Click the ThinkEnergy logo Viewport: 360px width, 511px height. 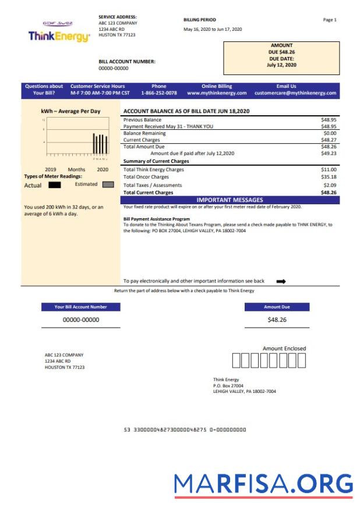pos(59,34)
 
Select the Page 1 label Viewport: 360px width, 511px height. pos(330,20)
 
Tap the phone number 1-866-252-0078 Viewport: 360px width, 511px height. pos(159,93)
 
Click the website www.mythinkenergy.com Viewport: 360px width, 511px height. pos(217,93)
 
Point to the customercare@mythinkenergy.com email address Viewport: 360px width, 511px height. pos(295,93)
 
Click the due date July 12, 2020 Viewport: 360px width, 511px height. pos(281,65)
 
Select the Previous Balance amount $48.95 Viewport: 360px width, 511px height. pos(329,119)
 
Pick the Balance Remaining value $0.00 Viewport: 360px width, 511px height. pos(330,133)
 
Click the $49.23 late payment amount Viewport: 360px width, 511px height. pos(329,154)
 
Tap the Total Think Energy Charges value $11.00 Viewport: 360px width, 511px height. pos(329,169)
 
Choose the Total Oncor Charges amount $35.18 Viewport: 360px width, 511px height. pos(329,177)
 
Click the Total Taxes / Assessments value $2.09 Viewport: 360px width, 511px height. pos(330,185)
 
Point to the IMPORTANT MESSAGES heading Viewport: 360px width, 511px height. pos(230,200)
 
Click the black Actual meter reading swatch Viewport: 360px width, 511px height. pos(55,185)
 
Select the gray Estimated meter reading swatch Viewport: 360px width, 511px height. pos(108,184)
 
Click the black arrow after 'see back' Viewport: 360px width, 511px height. pos(281,281)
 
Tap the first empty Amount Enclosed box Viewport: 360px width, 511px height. pos(237,361)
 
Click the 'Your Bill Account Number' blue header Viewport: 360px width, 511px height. pos(81,307)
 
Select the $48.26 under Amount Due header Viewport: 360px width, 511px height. pos(277,320)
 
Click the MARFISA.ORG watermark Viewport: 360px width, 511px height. pos(263,484)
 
